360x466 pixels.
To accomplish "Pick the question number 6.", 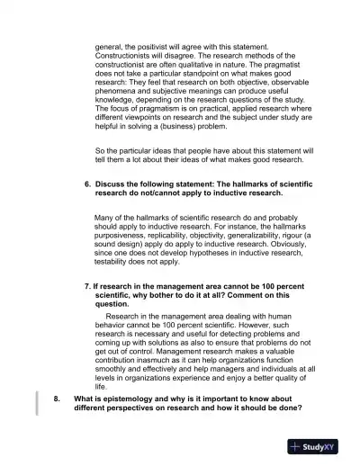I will (x=87, y=183).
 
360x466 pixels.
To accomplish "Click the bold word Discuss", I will (x=112, y=183).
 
